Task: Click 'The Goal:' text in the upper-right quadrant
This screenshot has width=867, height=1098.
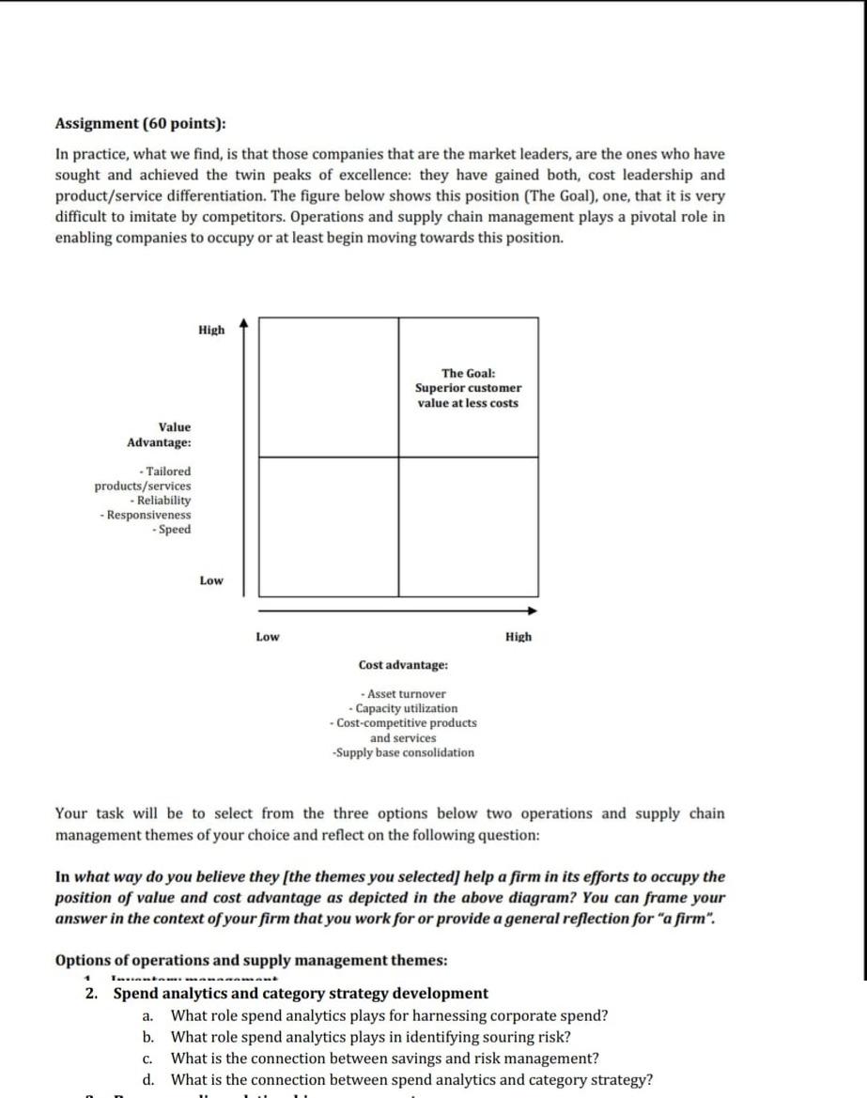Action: (x=468, y=373)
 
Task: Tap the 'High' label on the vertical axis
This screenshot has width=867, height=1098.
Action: (x=211, y=330)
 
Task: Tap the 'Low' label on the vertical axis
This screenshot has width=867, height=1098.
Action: (x=211, y=580)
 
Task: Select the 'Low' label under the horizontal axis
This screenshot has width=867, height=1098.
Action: (x=268, y=637)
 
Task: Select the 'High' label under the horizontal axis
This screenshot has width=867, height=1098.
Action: (x=518, y=637)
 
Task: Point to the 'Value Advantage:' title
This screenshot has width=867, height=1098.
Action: (x=160, y=434)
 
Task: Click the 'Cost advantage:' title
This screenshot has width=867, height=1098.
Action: (x=403, y=665)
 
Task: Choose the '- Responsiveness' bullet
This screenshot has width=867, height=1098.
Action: (x=146, y=515)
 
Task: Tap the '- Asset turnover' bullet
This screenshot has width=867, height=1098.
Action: (x=403, y=693)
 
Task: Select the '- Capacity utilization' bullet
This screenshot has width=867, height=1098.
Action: (x=403, y=708)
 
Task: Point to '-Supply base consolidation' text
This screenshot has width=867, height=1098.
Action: (x=403, y=752)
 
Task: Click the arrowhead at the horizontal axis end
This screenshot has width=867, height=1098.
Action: (x=532, y=611)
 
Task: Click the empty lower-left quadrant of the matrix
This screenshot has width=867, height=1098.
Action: (x=328, y=526)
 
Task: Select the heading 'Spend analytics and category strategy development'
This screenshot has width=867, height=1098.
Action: (x=301, y=993)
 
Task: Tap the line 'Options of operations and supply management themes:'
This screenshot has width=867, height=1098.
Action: (x=252, y=960)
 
